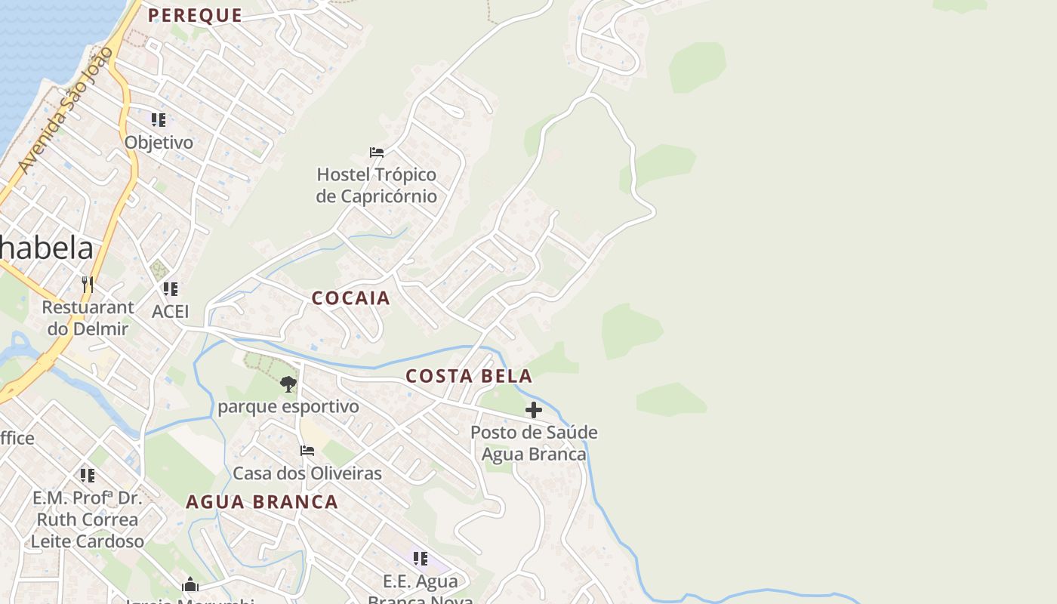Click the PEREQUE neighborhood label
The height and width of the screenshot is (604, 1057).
tap(195, 15)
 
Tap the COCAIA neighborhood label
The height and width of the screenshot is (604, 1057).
tap(351, 298)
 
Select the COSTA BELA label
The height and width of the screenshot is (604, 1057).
tap(469, 376)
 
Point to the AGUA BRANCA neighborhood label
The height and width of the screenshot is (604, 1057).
tap(262, 502)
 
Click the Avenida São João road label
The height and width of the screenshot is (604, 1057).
tap(66, 110)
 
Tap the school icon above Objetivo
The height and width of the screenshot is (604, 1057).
tap(159, 120)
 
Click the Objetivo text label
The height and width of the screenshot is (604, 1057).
tap(159, 143)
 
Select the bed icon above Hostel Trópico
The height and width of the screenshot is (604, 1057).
tap(377, 153)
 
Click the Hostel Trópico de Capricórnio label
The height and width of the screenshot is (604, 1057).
tap(377, 186)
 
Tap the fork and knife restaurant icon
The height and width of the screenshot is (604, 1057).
tap(88, 285)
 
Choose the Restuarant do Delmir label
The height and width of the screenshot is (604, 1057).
tap(88, 318)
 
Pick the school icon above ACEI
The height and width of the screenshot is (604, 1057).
tap(171, 289)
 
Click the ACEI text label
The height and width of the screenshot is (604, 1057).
tap(171, 312)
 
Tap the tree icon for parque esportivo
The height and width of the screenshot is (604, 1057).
tap(288, 384)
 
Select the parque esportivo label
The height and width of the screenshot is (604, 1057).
tap(288, 407)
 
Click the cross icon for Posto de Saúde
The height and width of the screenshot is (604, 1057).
tap(534, 410)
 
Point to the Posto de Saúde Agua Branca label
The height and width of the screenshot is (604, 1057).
tap(534, 443)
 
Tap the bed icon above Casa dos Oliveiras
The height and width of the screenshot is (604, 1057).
tap(307, 451)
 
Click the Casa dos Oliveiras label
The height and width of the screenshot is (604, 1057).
tap(307, 473)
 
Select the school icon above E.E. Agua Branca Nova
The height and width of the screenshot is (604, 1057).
tap(421, 559)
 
